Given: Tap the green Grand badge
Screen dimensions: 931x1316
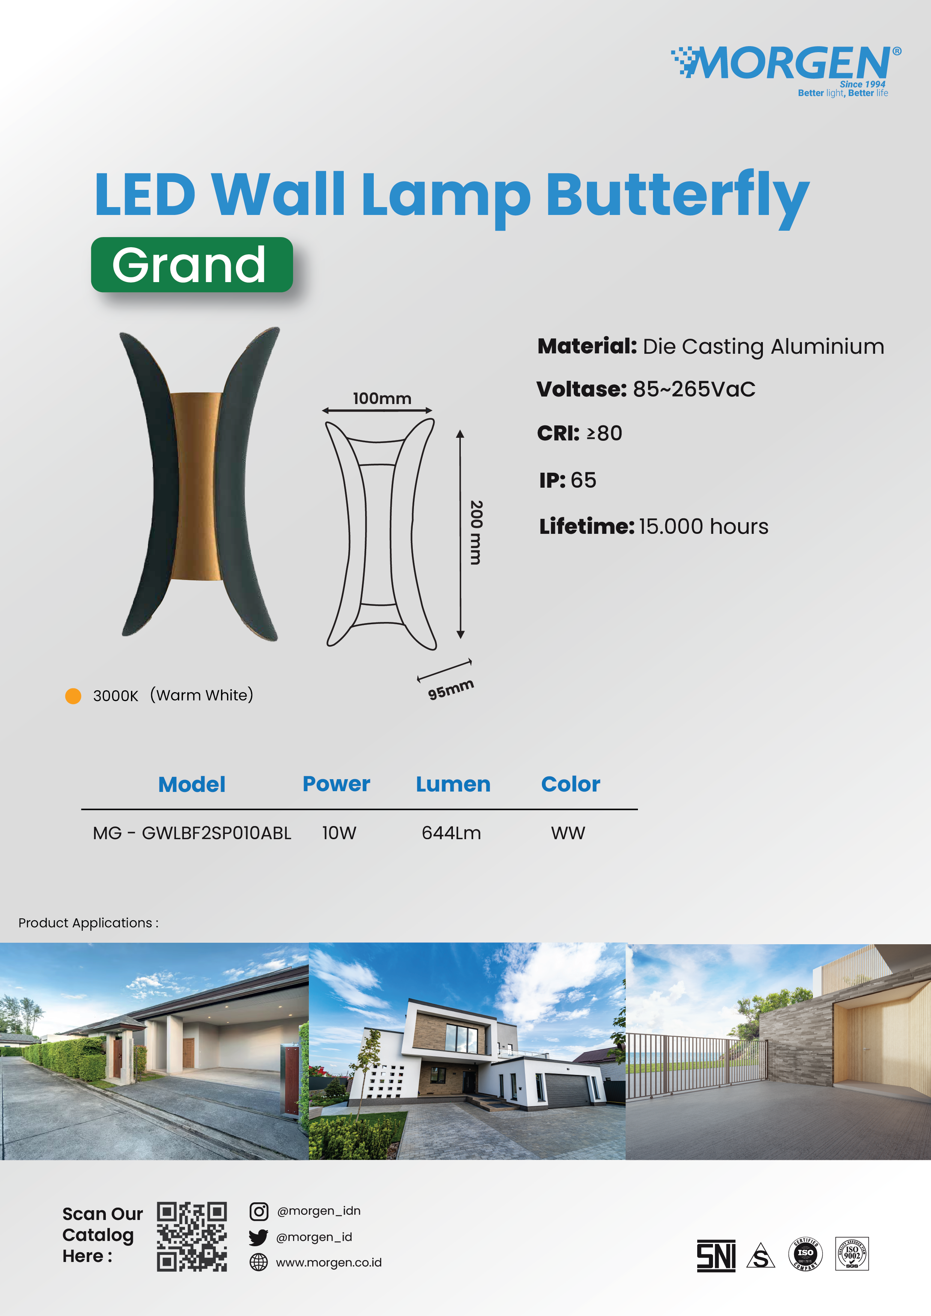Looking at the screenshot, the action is pyautogui.click(x=192, y=265).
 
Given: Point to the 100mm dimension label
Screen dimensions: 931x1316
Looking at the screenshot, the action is pyautogui.click(x=382, y=398).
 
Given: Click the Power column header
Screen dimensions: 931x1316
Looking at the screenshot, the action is pyautogui.click(x=337, y=784).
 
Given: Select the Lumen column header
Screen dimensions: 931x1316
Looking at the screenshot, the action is pyautogui.click(x=453, y=784).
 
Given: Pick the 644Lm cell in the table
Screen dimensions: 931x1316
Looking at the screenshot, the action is pyautogui.click(x=451, y=833).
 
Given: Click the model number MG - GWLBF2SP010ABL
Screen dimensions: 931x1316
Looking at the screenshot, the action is pyautogui.click(x=192, y=833).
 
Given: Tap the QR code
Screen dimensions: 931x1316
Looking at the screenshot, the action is pyautogui.click(x=192, y=1236).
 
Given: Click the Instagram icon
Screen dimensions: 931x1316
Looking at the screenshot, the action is pyautogui.click(x=259, y=1211).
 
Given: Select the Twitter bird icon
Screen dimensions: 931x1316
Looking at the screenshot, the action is pyautogui.click(x=259, y=1238).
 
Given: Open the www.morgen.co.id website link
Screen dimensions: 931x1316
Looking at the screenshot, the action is pyautogui.click(x=328, y=1263).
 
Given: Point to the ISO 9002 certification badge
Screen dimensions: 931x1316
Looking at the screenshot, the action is pyautogui.click(x=852, y=1253).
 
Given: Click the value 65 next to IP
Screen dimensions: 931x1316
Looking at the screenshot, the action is pyautogui.click(x=584, y=480).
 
